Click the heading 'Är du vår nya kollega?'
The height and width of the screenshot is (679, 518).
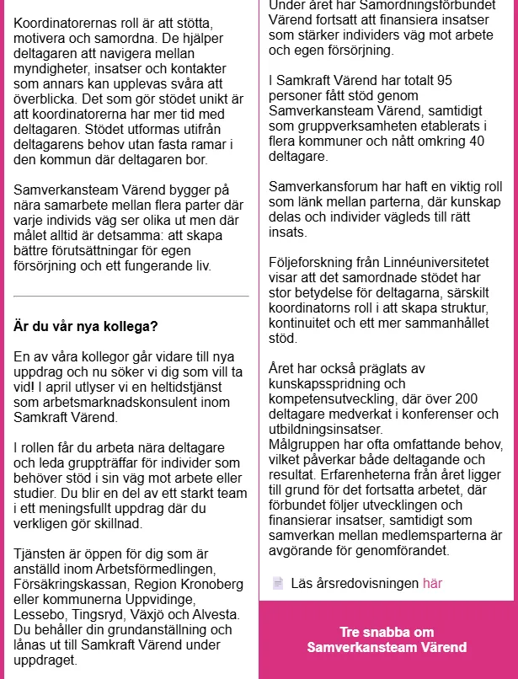tap(86, 325)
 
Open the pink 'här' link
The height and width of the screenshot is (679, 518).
tap(432, 583)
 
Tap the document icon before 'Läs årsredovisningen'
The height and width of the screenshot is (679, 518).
tap(278, 583)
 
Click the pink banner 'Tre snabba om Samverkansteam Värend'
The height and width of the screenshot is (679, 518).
tap(387, 639)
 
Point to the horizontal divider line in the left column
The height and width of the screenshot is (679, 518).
tap(131, 297)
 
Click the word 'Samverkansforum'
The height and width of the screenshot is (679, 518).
tap(323, 187)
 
